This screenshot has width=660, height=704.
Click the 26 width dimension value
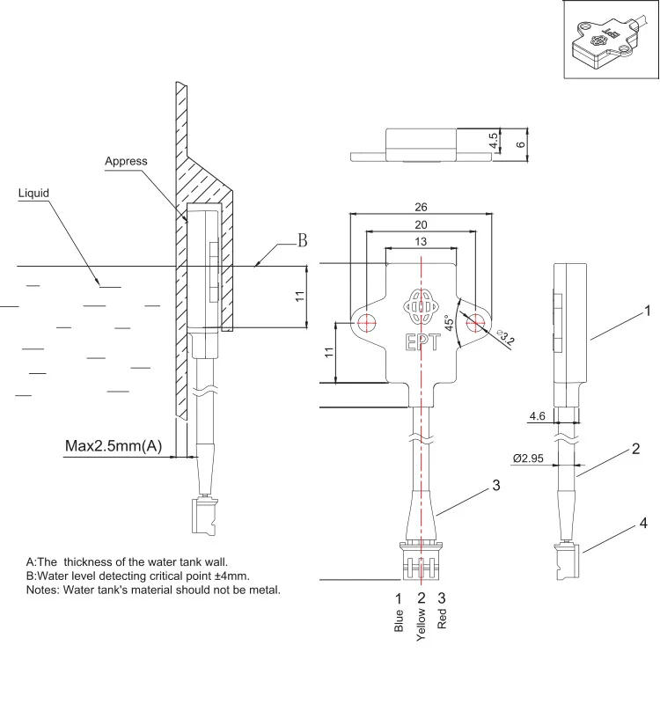point(420,208)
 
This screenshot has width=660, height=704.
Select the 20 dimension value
point(420,224)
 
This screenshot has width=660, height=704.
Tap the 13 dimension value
point(420,241)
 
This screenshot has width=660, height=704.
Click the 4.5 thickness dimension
point(495,139)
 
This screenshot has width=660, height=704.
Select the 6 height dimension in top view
point(520,143)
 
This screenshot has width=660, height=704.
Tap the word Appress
point(126,161)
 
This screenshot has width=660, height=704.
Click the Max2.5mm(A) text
point(114,446)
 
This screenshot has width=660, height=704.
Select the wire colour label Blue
point(399,620)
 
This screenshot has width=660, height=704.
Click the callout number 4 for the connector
point(642,524)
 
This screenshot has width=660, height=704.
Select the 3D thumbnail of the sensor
point(607,41)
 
